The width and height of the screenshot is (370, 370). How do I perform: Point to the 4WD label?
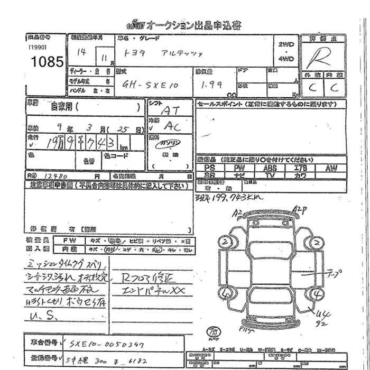pos(285,59)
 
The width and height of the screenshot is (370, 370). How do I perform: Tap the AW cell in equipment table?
pos(331,168)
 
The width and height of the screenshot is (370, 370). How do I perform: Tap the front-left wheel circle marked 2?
pos(225,243)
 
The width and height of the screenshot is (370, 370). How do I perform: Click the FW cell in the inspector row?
pos(72,239)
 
